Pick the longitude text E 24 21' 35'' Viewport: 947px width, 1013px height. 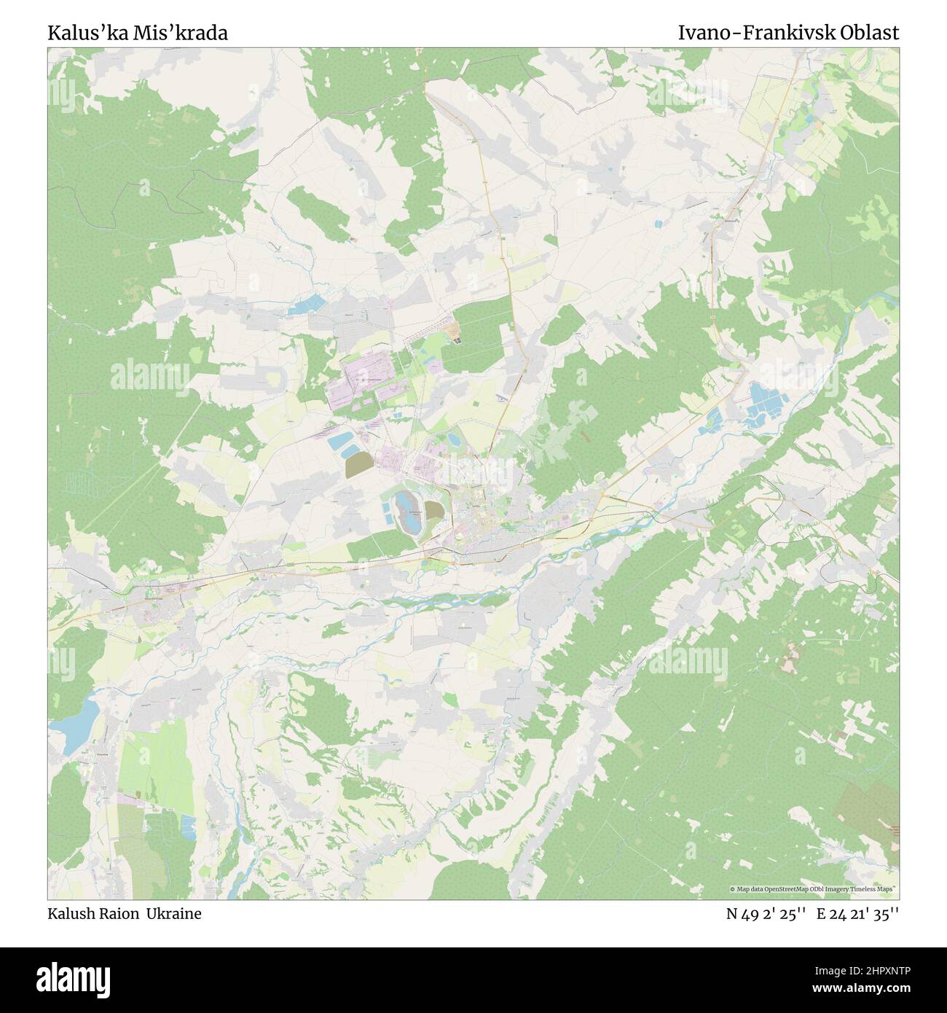click(x=857, y=913)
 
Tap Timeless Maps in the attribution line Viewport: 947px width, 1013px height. click(x=873, y=889)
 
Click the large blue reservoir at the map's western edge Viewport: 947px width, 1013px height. click(x=81, y=718)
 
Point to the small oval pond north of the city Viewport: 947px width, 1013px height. click(x=453, y=439)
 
